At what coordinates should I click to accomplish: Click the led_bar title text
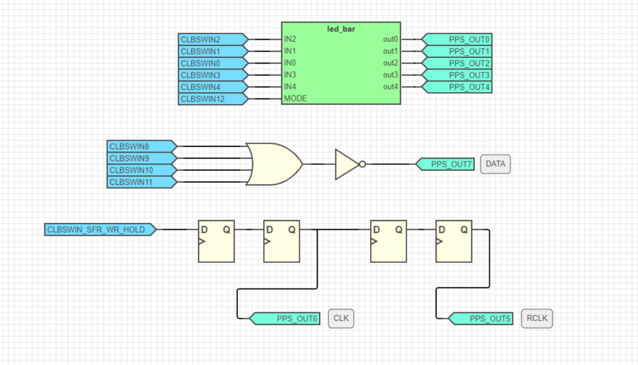[x=341, y=29]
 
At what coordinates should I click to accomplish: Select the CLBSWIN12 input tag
[x=212, y=98]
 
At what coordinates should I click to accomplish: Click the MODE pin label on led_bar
[x=295, y=98]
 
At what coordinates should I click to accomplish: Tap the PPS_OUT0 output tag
[x=458, y=39]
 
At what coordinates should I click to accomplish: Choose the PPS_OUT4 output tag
[x=458, y=87]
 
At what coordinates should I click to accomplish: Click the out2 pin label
[x=390, y=63]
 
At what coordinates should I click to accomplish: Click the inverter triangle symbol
[x=346, y=164]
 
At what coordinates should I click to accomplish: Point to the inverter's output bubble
[x=363, y=164]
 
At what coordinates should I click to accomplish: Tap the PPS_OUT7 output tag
[x=445, y=164]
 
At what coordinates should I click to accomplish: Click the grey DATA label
[x=495, y=164]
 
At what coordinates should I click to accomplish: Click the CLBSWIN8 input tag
[x=141, y=146]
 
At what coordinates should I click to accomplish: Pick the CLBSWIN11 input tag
[x=141, y=182]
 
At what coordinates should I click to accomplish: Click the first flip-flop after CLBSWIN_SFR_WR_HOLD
[x=216, y=241]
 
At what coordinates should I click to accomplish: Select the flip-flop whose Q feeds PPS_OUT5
[x=453, y=241]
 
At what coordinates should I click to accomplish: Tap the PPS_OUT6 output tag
[x=286, y=319]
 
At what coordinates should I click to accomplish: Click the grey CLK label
[x=341, y=319]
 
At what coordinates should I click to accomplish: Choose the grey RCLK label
[x=536, y=319]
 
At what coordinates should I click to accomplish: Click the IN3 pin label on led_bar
[x=290, y=75]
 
